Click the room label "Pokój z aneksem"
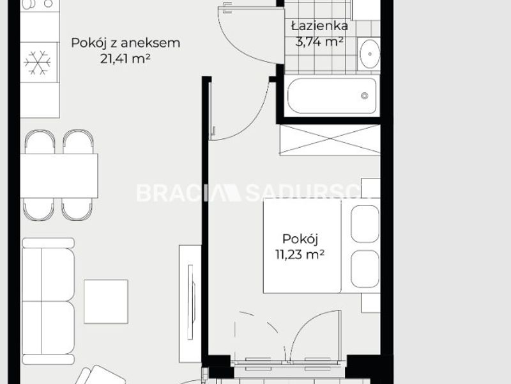click(x=125, y=43)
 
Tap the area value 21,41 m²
click(x=125, y=59)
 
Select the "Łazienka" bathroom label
click(x=320, y=26)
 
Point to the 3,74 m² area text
click(x=319, y=42)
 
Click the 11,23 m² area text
click(x=300, y=254)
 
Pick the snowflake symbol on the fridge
click(x=38, y=62)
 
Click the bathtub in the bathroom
click(x=332, y=95)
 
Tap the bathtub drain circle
click(x=365, y=95)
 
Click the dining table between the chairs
click(x=59, y=175)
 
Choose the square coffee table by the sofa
click(x=106, y=301)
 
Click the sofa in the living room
click(x=49, y=301)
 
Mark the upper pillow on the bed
click(x=365, y=224)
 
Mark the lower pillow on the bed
click(x=365, y=269)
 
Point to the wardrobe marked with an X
click(x=330, y=140)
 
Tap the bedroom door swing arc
click(x=258, y=116)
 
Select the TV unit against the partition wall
click(x=190, y=303)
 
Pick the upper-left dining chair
click(x=40, y=141)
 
